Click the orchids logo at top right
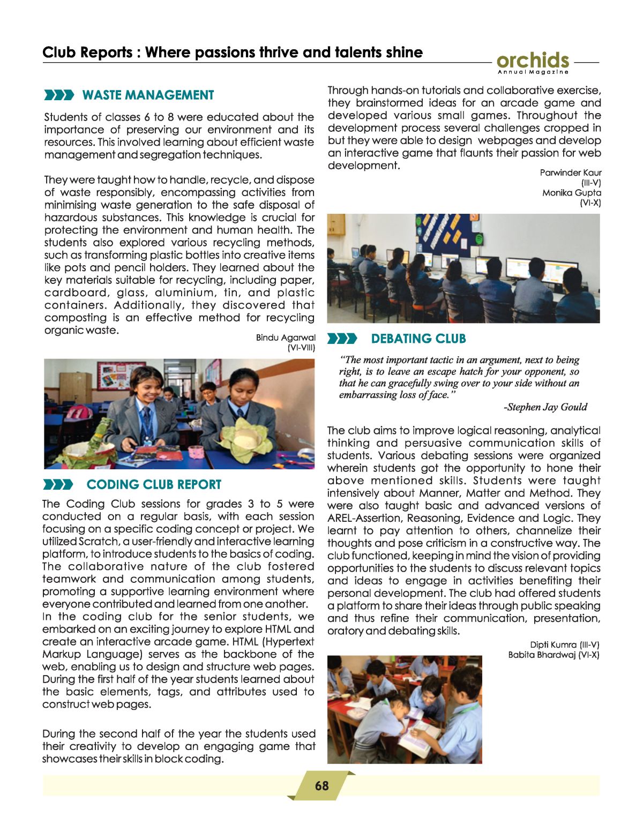tap(533, 61)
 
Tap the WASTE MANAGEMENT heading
tap(148, 95)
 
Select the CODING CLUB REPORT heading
tap(154, 485)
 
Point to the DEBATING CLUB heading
tap(418, 339)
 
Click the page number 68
tap(322, 786)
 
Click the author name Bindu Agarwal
tap(285, 338)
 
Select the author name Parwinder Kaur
tap(571, 173)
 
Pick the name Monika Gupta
tap(572, 193)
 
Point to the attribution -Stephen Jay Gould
tap(545, 407)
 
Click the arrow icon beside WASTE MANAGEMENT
tap(59, 95)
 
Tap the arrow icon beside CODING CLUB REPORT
tap(58, 485)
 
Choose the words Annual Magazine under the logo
tap(533, 72)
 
